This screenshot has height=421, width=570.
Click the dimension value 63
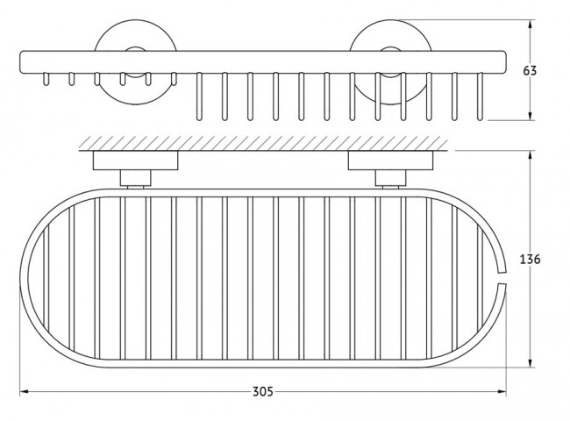pyautogui.click(x=530, y=70)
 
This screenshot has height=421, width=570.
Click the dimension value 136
pyautogui.click(x=530, y=260)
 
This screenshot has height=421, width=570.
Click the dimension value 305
pyautogui.click(x=263, y=391)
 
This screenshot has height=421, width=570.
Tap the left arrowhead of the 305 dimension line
pyautogui.click(x=24, y=391)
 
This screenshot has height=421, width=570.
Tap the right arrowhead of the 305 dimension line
pyautogui.click(x=502, y=391)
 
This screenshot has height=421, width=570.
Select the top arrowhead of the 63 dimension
pyautogui.click(x=531, y=25)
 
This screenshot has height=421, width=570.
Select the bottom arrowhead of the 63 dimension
pyautogui.click(x=531, y=115)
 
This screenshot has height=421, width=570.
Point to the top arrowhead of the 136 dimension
pyautogui.click(x=531, y=155)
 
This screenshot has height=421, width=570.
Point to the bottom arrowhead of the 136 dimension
pyautogui.click(x=531, y=362)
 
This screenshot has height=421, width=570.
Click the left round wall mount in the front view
pyautogui.click(x=136, y=62)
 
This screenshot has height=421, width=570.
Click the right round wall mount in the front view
pyautogui.click(x=391, y=62)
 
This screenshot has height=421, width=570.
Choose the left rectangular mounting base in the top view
pyautogui.click(x=136, y=161)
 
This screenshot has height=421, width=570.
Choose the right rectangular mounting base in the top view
pyautogui.click(x=391, y=161)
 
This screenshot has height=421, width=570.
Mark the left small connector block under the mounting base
pyautogui.click(x=136, y=178)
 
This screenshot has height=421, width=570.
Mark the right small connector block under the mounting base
pyautogui.click(x=391, y=178)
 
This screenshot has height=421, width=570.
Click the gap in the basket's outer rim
pyautogui.click(x=502, y=277)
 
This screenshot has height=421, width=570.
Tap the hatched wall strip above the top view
pyautogui.click(x=263, y=143)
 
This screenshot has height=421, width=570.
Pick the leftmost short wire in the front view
pyautogui.click(x=46, y=79)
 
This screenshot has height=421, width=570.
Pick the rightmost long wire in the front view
pyautogui.click(x=481, y=96)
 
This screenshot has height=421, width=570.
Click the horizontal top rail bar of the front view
pyautogui.click(x=262, y=62)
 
